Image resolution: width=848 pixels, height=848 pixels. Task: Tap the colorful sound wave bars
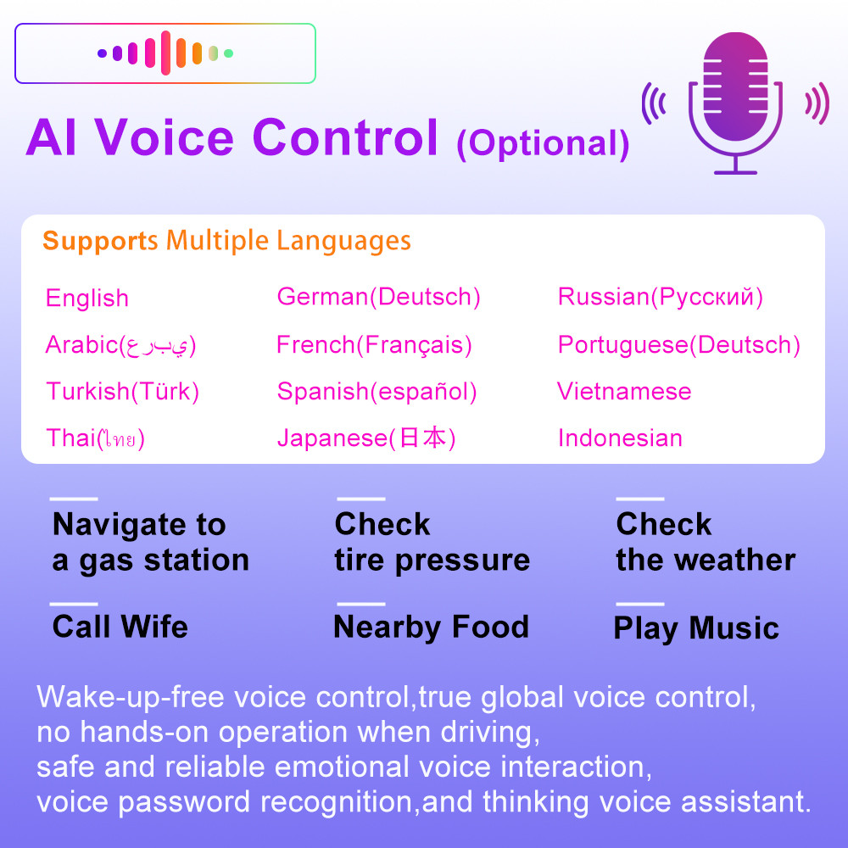165,53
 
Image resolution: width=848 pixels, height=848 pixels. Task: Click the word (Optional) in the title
543,144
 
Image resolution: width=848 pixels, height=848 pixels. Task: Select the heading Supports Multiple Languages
226,240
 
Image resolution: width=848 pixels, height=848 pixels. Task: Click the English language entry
87,298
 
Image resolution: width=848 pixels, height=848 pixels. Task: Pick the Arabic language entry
120,345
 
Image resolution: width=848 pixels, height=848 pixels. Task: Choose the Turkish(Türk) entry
123,392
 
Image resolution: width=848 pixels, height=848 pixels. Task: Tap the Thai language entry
95,438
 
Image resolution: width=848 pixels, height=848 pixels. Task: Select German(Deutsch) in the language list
378,296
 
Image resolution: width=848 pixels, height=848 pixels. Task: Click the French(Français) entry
374,345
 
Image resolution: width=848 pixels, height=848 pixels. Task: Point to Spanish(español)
377,392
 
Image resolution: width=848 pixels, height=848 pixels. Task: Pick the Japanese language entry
366,438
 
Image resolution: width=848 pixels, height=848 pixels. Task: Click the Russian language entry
661,297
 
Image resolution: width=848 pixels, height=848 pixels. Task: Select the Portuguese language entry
678,345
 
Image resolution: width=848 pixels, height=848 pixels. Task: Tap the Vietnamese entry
624,391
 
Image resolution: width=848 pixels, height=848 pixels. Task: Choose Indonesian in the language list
621,438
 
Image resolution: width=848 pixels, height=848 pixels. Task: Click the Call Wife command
120,627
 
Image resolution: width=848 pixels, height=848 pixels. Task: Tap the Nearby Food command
431,628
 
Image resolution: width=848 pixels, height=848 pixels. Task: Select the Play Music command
696,628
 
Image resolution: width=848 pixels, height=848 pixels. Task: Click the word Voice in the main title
165,138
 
